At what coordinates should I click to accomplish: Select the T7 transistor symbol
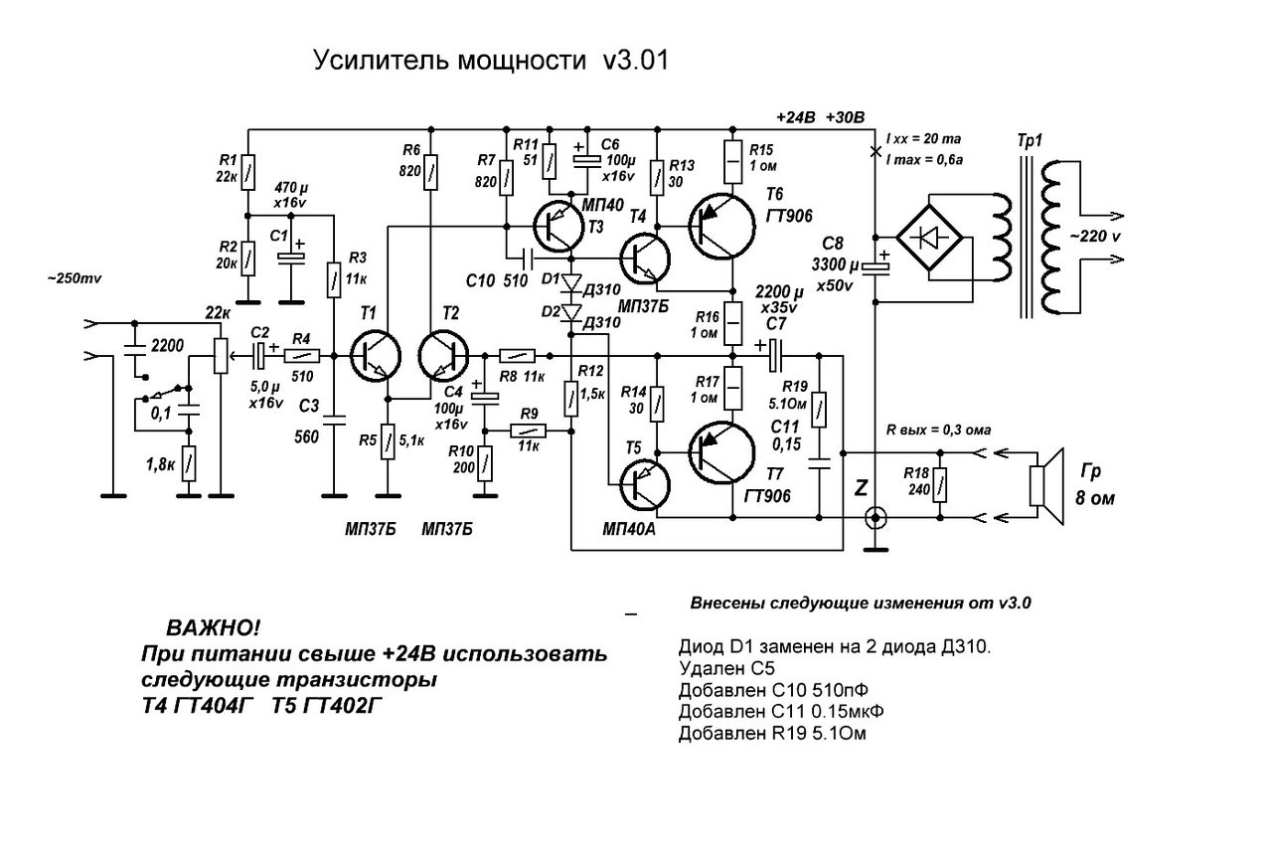point(722,453)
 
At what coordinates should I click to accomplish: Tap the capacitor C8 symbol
point(875,264)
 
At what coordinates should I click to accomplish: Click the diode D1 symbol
point(570,282)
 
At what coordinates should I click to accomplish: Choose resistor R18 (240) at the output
point(940,486)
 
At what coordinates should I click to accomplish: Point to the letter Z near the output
point(861,488)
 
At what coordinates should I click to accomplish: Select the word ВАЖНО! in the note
point(213,629)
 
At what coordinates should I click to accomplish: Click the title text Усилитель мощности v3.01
point(492,62)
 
